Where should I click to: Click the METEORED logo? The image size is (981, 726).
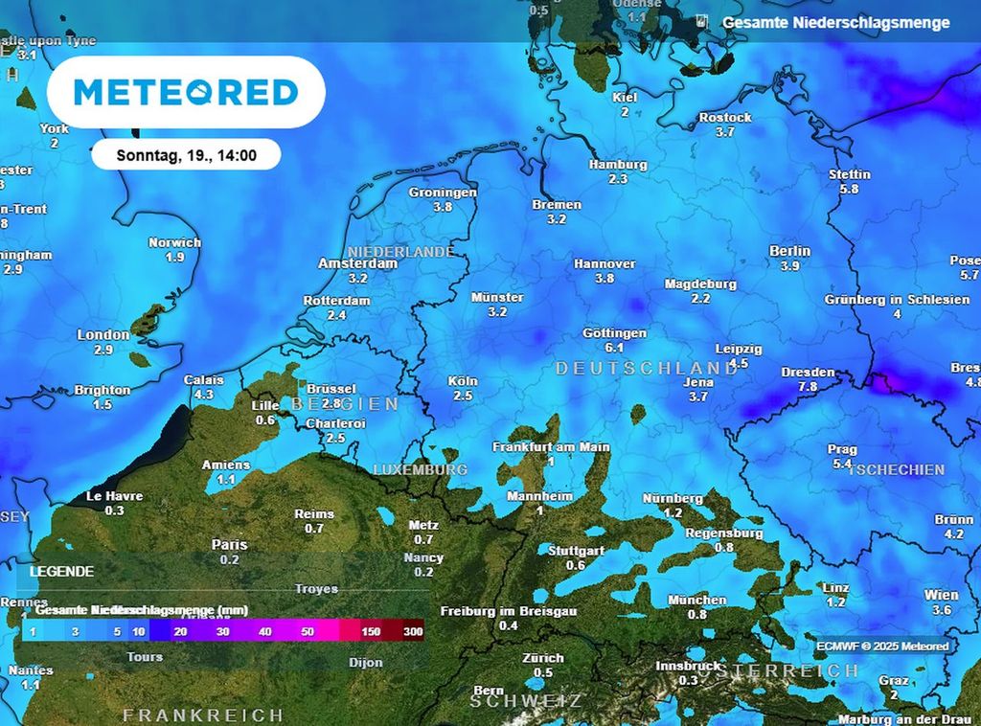point(186,92)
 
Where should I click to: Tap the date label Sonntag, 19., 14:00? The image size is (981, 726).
point(186,154)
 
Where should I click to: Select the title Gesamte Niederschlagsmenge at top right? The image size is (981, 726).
point(835,22)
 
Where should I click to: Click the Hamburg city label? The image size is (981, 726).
point(618,165)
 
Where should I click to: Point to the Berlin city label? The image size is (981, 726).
point(789,251)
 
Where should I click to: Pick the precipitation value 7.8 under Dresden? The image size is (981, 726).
point(808,387)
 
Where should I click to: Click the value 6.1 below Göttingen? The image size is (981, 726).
point(614,348)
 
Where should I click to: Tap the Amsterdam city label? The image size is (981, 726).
point(357,263)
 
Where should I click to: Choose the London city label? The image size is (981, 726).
point(103,335)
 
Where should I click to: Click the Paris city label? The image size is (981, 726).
point(229,545)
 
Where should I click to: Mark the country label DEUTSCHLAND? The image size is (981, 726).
point(647,368)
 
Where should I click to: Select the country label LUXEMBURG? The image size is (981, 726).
point(420,470)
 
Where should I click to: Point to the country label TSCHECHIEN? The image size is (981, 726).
point(897,470)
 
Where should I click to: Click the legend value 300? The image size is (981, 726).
point(414,632)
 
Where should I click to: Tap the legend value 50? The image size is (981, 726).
point(307,632)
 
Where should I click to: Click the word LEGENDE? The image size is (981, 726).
point(62,572)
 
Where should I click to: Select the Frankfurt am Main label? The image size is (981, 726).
point(551,447)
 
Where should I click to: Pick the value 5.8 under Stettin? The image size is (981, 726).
point(849,190)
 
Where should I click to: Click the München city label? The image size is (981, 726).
point(696,601)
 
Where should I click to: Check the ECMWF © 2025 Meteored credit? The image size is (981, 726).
point(882,646)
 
